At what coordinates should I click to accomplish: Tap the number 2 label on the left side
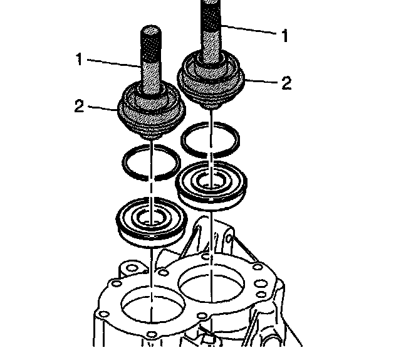(x=78, y=106)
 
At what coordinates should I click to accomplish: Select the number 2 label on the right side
(x=286, y=83)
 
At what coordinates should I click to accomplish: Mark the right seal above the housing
(x=210, y=183)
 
